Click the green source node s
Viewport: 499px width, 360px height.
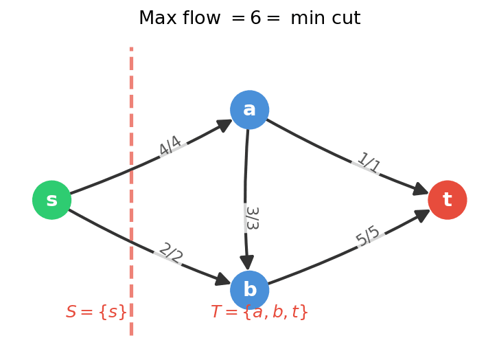pos(51,200)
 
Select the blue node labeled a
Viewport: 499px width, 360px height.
pos(249,110)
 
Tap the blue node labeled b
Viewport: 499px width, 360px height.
pos(249,290)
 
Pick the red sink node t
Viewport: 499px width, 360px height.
pos(447,200)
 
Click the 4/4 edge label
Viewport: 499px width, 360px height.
pos(170,146)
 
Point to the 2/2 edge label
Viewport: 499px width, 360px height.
pos(170,254)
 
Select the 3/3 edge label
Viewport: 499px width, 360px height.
pos(251,218)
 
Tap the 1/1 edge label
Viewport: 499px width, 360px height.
pos(369,164)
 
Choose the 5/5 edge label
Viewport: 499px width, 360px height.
pos(369,236)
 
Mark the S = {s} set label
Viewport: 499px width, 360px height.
pos(96,312)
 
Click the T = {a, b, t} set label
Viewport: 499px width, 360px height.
pos(259,312)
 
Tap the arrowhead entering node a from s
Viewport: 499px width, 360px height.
pos(224,124)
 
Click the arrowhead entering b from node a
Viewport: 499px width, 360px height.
pos(246,262)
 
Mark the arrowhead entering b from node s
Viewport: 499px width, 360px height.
pos(222,279)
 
